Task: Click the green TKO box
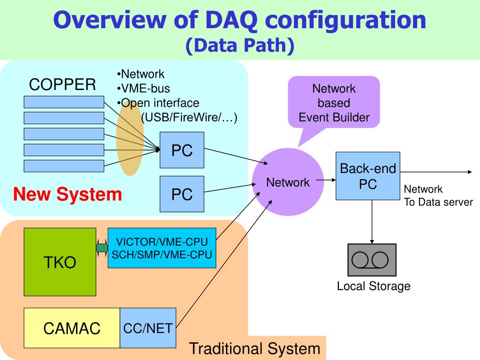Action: click(60, 262)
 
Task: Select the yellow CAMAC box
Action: click(72, 328)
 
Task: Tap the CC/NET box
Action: click(148, 328)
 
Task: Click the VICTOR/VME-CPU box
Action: click(162, 248)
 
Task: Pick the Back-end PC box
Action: click(368, 176)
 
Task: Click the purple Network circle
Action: click(288, 182)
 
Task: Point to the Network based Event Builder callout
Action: click(334, 103)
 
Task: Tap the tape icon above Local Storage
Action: click(372, 260)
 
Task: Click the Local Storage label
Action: click(374, 286)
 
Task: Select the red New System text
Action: click(67, 195)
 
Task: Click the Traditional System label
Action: click(255, 349)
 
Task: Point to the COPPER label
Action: click(62, 84)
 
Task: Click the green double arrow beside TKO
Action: click(102, 248)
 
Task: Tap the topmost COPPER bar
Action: click(64, 102)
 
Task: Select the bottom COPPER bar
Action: click(64, 166)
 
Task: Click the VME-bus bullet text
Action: click(143, 89)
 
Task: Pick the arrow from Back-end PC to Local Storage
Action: click(372, 222)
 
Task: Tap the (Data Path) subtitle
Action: click(240, 45)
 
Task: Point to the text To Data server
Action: click(438, 202)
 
